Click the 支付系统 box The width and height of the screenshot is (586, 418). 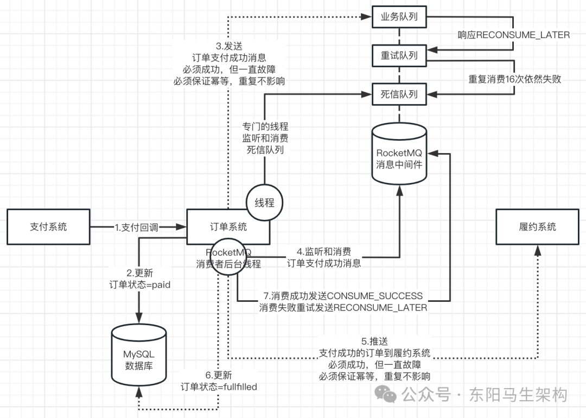coord(48,227)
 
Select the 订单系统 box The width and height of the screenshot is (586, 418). coord(228,227)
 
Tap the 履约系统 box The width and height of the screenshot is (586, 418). coord(537,227)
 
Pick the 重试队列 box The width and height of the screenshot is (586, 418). coord(399,56)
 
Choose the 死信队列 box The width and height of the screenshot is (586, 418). coord(399,94)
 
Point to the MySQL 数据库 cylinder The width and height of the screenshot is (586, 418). coord(138,356)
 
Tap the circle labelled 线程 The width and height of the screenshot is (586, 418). coord(265,203)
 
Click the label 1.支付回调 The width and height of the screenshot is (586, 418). coord(136,227)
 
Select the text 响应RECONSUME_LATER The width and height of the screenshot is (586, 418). coord(513,35)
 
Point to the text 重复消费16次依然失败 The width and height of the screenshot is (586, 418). coord(514,79)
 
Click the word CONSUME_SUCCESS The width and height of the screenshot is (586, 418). coord(374,296)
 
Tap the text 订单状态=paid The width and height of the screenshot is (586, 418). coord(140,284)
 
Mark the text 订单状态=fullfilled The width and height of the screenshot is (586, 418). coord(219,387)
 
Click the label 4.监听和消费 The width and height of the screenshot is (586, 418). coord(324,252)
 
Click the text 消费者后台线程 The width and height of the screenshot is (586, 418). coord(228,264)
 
